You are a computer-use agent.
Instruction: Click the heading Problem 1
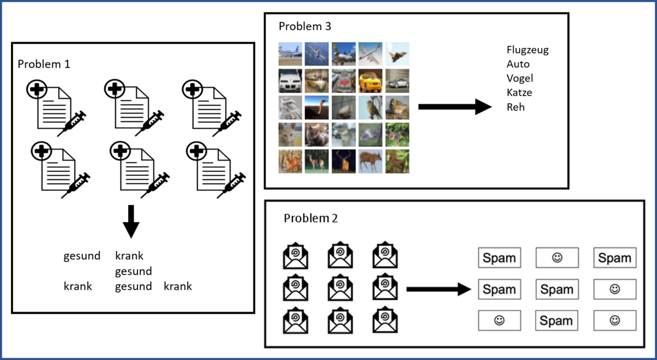(x=44, y=64)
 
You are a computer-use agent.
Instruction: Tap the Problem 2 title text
(x=310, y=218)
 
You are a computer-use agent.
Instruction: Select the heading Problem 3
(x=305, y=26)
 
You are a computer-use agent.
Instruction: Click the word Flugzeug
(x=527, y=50)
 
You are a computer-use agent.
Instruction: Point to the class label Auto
(x=518, y=65)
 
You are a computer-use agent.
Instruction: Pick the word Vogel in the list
(x=520, y=79)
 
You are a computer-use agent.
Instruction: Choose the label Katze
(x=519, y=93)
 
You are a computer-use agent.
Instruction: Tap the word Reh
(x=516, y=107)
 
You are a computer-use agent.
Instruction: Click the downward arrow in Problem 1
(x=130, y=221)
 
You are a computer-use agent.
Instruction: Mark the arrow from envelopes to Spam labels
(x=439, y=289)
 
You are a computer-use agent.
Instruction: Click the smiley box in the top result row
(x=557, y=258)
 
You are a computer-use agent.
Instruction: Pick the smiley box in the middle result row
(x=615, y=289)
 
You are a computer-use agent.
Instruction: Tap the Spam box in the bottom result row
(x=557, y=321)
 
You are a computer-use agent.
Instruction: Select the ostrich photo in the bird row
(x=316, y=107)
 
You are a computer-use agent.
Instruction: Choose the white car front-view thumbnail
(x=290, y=80)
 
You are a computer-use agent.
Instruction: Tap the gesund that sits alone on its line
(x=133, y=271)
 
